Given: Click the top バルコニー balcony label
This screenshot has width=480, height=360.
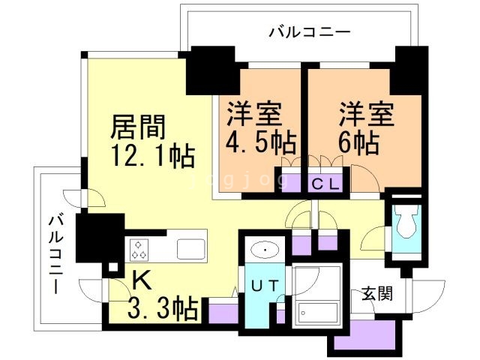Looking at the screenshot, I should coord(298,32).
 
